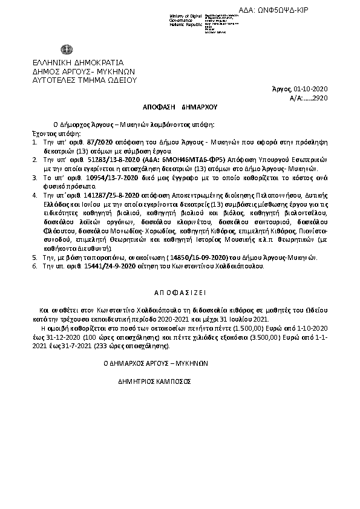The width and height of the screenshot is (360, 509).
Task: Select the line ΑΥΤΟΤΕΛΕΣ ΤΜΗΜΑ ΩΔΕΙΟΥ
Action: click(85, 79)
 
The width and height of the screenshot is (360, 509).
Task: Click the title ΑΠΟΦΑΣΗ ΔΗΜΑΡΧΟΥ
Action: click(179, 106)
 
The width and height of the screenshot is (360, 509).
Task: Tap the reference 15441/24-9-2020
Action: click(98, 265)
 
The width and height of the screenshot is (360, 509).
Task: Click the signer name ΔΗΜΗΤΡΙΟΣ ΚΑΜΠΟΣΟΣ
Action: click(154, 382)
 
